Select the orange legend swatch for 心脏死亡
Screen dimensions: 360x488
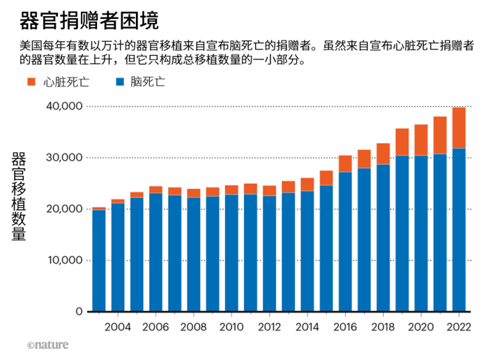click(31, 82)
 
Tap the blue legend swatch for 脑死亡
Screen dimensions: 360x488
click(119, 82)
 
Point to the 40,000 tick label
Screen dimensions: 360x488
click(63, 106)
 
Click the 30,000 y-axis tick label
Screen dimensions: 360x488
click(63, 158)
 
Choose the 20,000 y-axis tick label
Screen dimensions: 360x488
click(63, 209)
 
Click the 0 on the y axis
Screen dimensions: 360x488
click(79, 312)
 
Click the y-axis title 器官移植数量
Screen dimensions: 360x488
click(19, 196)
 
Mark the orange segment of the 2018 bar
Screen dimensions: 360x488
click(383, 153)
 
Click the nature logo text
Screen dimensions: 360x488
click(49, 345)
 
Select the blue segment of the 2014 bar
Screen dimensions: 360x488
click(307, 251)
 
